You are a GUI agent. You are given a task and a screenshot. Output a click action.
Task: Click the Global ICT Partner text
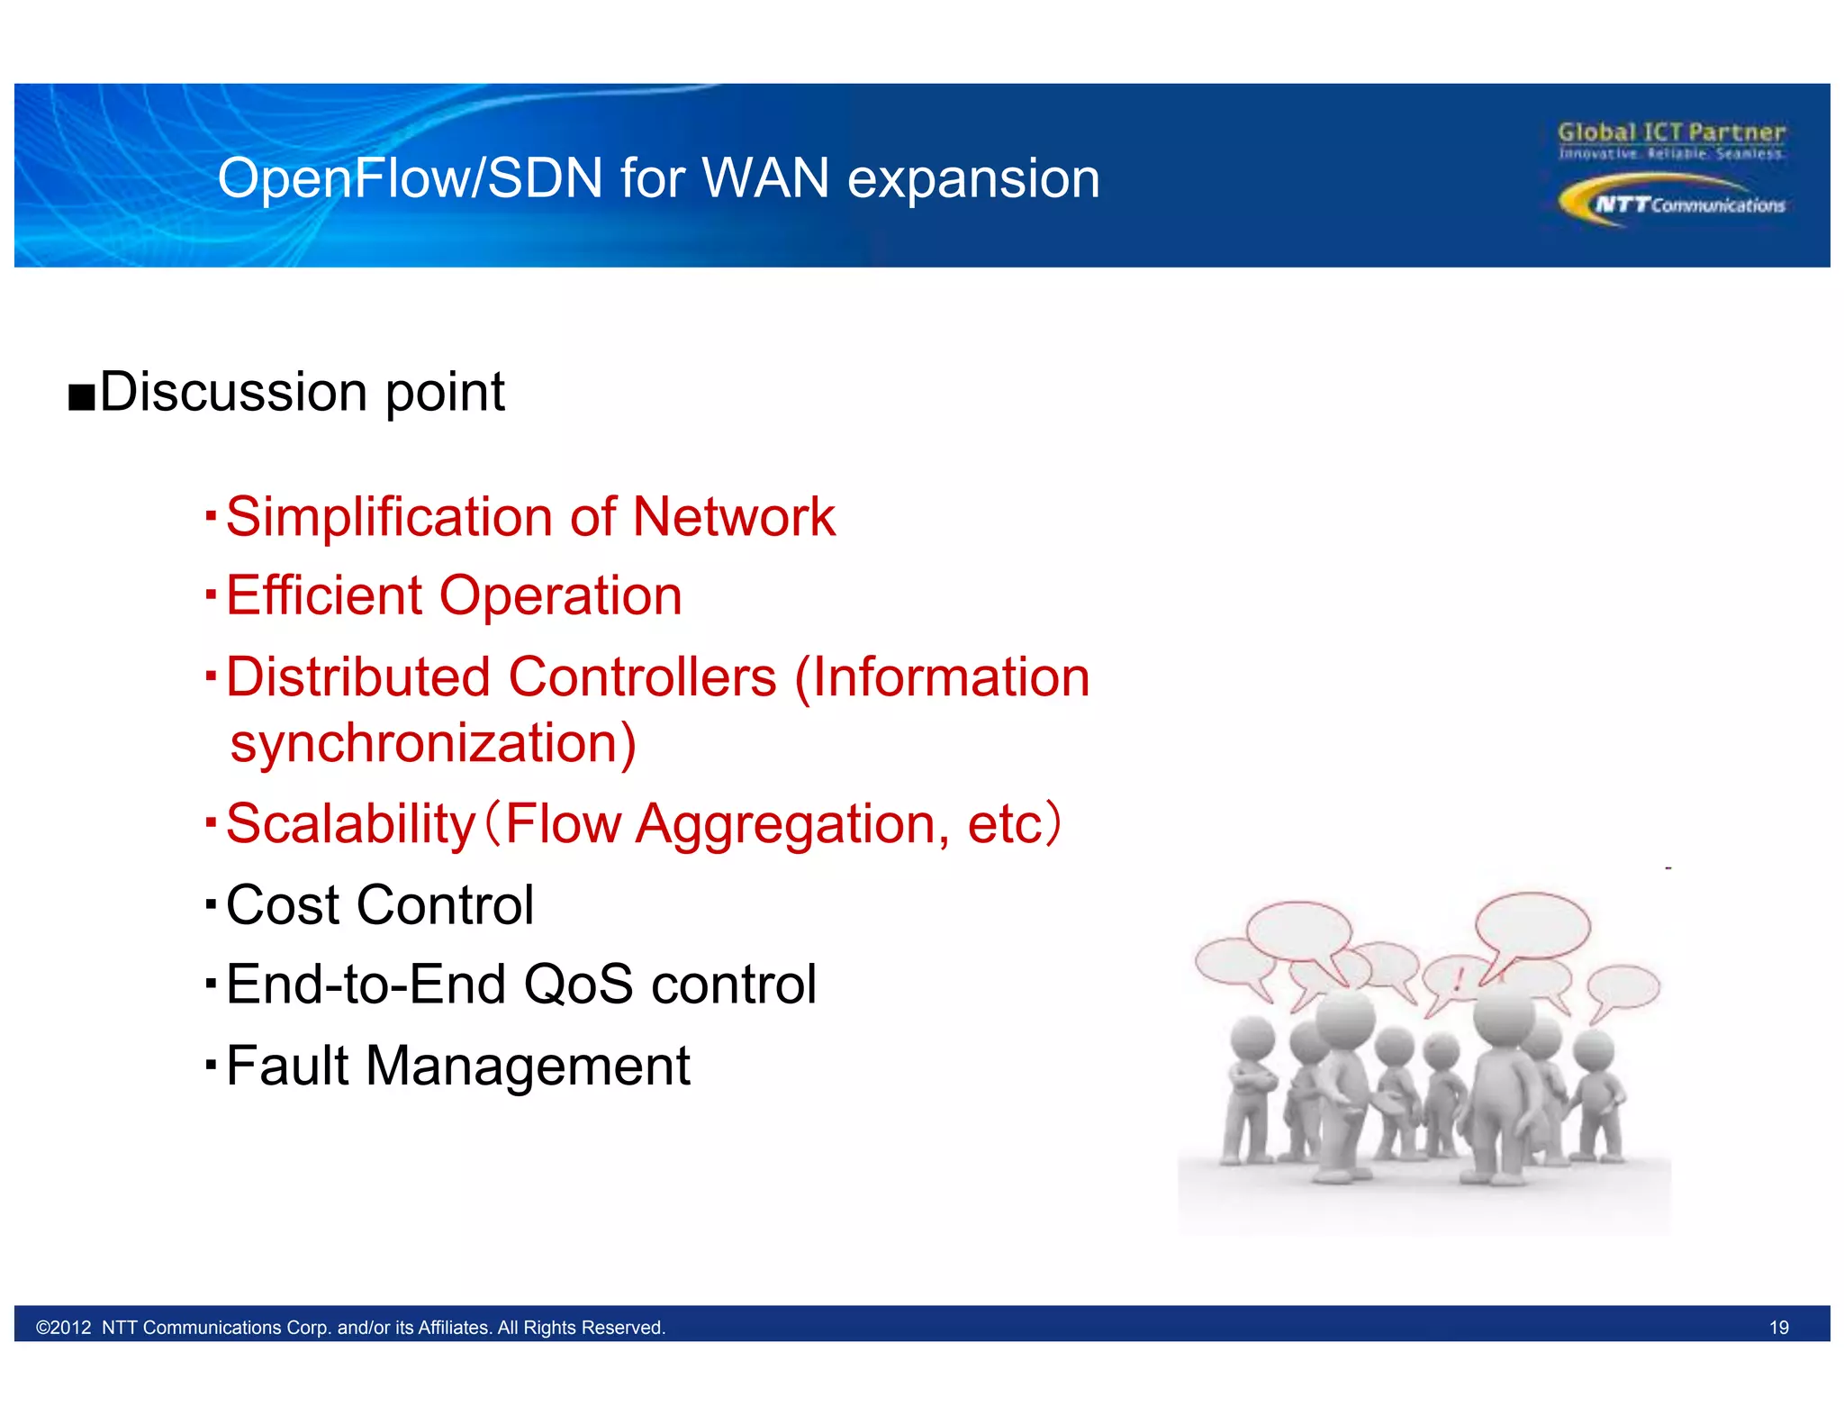tap(1671, 133)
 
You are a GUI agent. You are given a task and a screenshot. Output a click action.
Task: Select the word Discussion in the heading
tap(233, 393)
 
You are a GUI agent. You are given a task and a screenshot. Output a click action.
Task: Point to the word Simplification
tap(388, 518)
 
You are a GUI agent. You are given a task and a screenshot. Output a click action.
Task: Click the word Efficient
tap(324, 596)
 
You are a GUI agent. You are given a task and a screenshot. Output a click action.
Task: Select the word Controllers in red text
tap(642, 677)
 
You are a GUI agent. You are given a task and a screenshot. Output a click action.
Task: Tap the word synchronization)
tap(433, 744)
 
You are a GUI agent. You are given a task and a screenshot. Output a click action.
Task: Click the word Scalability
tap(350, 824)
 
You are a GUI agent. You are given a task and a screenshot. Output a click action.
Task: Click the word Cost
tap(281, 905)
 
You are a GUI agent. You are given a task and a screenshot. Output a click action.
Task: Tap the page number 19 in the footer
tap(1778, 1328)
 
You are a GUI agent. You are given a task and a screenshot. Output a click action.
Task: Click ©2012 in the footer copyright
tap(64, 1328)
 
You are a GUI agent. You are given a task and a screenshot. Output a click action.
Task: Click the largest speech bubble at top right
tap(1532, 926)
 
